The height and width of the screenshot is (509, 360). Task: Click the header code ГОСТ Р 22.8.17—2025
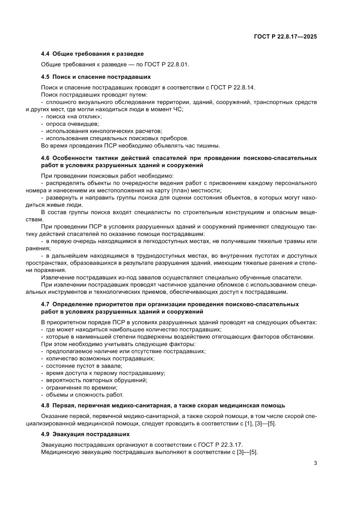coord(285,37)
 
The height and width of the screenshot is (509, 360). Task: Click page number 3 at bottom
coord(315,463)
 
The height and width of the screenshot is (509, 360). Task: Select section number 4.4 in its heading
coord(45,54)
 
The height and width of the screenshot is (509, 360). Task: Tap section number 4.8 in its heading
coord(45,405)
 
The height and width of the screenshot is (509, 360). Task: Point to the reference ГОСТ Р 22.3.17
coord(219,445)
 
